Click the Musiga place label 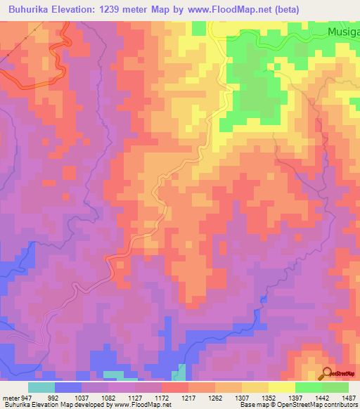coord(344,32)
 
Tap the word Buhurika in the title coord(32,10)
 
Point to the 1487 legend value coord(347,397)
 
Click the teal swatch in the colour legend coord(41,387)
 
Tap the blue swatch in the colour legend coord(68,387)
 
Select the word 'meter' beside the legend coord(8,397)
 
